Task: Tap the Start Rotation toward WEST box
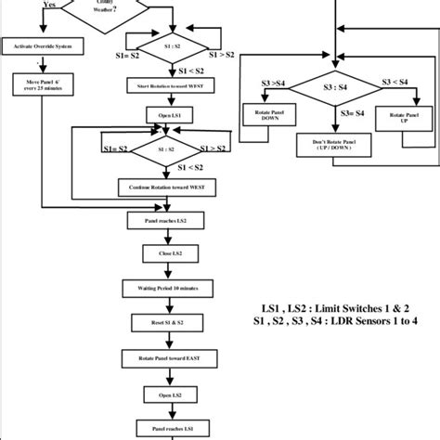pyautogui.click(x=167, y=85)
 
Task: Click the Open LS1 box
pyautogui.click(x=167, y=116)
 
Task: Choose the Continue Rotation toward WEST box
pyautogui.click(x=167, y=186)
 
